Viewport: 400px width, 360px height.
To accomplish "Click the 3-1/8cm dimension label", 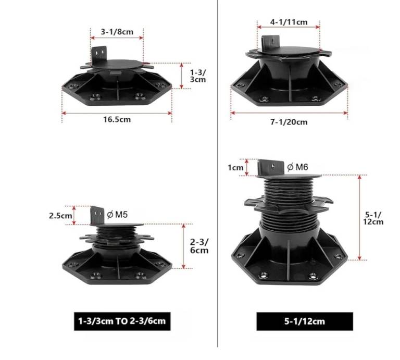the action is pyautogui.click(x=117, y=32).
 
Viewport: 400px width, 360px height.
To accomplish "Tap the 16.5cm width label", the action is pyautogui.click(x=117, y=119).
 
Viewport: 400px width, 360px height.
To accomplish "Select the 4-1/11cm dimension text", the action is pyautogui.click(x=289, y=22).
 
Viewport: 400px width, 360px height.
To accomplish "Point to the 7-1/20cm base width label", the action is pyautogui.click(x=289, y=122).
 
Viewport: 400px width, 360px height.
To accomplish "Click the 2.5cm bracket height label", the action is pyautogui.click(x=60, y=216).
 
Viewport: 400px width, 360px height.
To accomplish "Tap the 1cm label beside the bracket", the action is pyautogui.click(x=235, y=168).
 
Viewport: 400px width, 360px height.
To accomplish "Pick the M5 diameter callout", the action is pyautogui.click(x=117, y=215).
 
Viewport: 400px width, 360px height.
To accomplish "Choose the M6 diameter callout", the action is pyautogui.click(x=297, y=167).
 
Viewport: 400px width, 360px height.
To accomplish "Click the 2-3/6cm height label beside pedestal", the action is pyautogui.click(x=199, y=246).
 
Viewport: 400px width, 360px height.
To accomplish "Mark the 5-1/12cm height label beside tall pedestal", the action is pyautogui.click(x=373, y=218).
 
